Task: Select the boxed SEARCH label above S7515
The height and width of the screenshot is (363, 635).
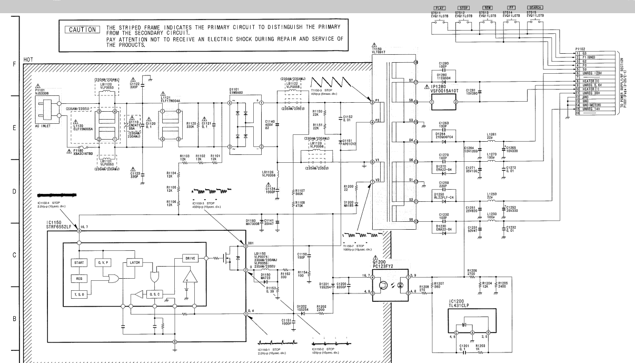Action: coord(534,7)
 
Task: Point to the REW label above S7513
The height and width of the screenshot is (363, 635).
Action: coord(486,7)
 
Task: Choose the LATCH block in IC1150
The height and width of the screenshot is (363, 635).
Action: coord(133,262)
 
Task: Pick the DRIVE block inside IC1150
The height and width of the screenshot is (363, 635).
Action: coord(190,258)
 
